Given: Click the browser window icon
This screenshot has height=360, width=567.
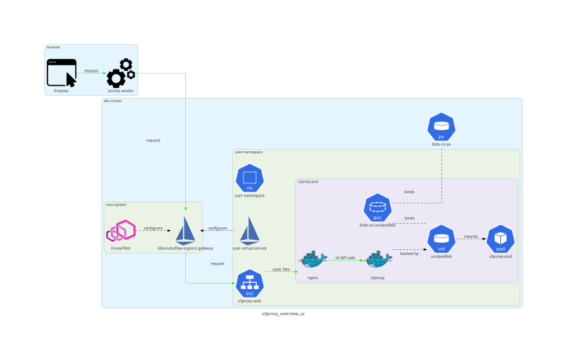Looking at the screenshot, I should (x=62, y=73).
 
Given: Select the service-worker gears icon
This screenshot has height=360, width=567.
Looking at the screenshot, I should (x=120, y=73).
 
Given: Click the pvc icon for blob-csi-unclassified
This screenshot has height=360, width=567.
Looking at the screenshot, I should (x=378, y=208).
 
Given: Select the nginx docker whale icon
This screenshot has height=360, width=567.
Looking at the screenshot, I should (x=312, y=260).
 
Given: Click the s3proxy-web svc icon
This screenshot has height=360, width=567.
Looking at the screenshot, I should (x=249, y=283).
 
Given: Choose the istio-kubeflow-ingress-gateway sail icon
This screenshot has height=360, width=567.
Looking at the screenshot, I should (x=185, y=230).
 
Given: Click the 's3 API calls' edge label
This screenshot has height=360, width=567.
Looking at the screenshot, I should (x=345, y=257).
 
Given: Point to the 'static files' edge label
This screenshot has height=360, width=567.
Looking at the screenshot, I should (x=281, y=270).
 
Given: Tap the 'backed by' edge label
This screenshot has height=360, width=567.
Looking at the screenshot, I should (x=409, y=253).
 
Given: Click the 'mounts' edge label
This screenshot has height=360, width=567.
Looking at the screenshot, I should (x=470, y=236).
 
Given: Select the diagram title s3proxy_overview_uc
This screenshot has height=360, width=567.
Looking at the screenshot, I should (x=283, y=313).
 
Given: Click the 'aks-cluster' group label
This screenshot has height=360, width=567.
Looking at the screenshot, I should (x=113, y=101).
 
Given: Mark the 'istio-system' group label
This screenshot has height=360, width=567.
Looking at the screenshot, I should (x=116, y=204).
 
